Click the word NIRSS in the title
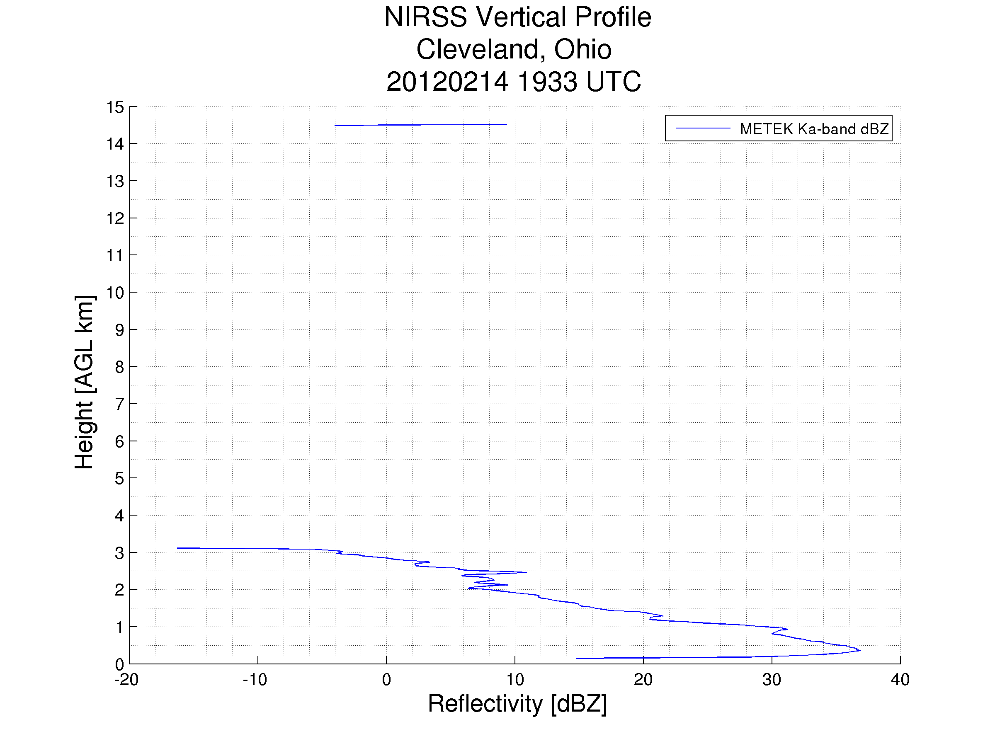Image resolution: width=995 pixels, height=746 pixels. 425,17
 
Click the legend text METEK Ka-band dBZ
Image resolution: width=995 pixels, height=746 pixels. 814,129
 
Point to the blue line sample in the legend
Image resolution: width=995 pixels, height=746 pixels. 703,128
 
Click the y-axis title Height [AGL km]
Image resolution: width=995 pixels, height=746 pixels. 84,382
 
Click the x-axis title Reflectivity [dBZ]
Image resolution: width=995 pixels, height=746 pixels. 517,704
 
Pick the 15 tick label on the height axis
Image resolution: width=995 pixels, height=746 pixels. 115,107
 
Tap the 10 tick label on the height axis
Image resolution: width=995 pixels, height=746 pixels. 115,293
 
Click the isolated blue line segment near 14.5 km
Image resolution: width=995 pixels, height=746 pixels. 420,125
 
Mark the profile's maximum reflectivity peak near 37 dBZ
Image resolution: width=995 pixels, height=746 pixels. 859,650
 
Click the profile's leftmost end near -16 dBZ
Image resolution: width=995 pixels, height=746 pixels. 179,548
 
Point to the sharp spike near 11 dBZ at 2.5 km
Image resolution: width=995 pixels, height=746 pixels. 525,572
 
